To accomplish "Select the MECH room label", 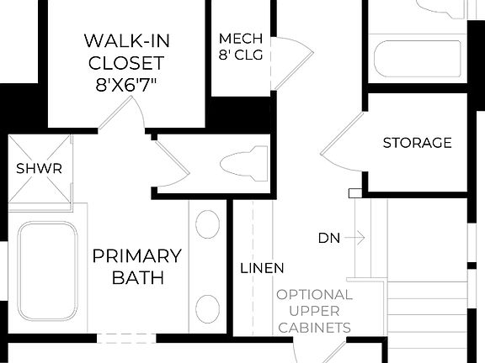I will point(241,39).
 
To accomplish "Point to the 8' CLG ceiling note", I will point(241,56).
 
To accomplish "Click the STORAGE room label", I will point(417,143).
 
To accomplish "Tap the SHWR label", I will point(40,169).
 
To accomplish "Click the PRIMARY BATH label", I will point(136,266).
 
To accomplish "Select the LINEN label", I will point(262,268).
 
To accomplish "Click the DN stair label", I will point(328,238).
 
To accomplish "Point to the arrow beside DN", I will point(354,238).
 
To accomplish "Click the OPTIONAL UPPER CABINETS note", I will point(314,311).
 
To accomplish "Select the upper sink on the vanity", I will point(207,224).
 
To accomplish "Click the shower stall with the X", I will point(40,169).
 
